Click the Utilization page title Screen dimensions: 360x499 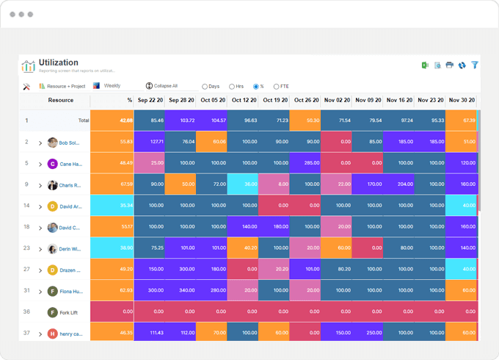59,63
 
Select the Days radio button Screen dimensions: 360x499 205,87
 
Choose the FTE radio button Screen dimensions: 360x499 276,87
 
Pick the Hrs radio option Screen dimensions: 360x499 232,87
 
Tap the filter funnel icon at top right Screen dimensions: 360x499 475,65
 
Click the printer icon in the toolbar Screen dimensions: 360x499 450,65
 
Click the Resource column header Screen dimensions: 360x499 61,101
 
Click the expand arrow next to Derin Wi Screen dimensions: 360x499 40,249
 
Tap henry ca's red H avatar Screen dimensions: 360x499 52,334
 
